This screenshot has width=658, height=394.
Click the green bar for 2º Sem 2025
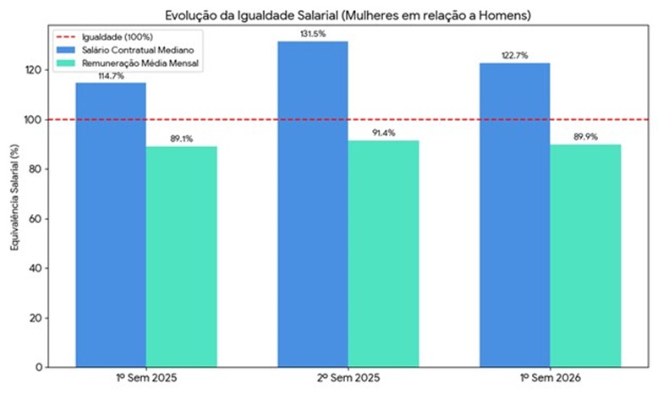click(x=383, y=254)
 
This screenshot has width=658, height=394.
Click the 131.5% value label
click(x=313, y=34)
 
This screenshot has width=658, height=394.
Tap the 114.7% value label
click(x=111, y=75)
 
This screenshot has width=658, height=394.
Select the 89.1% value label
click(x=181, y=139)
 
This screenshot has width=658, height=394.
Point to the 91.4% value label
click(x=383, y=133)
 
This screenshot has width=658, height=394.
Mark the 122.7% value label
click(x=515, y=56)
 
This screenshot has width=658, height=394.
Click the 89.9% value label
click(x=585, y=137)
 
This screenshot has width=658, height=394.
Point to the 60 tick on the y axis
click(x=36, y=219)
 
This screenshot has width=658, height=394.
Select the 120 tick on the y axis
click(x=34, y=70)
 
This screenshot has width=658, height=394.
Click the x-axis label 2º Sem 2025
click(x=348, y=379)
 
